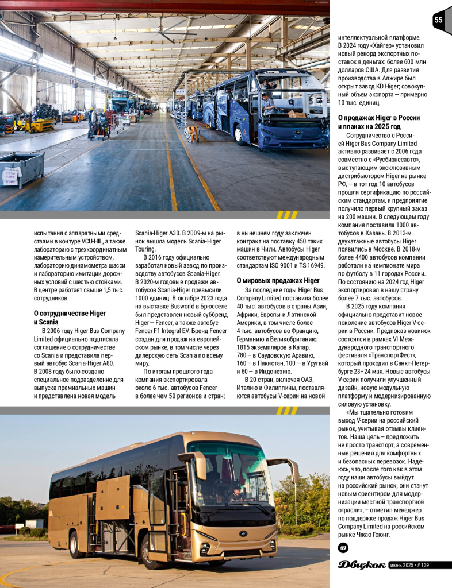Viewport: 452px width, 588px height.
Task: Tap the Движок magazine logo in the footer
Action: click(x=362, y=565)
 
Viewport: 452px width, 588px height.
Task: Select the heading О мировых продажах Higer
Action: click(x=278, y=280)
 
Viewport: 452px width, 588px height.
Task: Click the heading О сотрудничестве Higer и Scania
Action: click(x=70, y=318)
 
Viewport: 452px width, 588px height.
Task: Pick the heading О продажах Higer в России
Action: click(x=378, y=122)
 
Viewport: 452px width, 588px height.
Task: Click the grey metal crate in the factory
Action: click(x=22, y=169)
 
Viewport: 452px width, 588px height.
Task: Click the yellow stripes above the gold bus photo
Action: click(x=286, y=410)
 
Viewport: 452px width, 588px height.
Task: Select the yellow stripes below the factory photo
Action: click(x=286, y=215)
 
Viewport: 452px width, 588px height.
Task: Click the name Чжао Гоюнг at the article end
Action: click(x=370, y=534)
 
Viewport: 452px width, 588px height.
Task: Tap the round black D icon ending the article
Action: click(x=343, y=548)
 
